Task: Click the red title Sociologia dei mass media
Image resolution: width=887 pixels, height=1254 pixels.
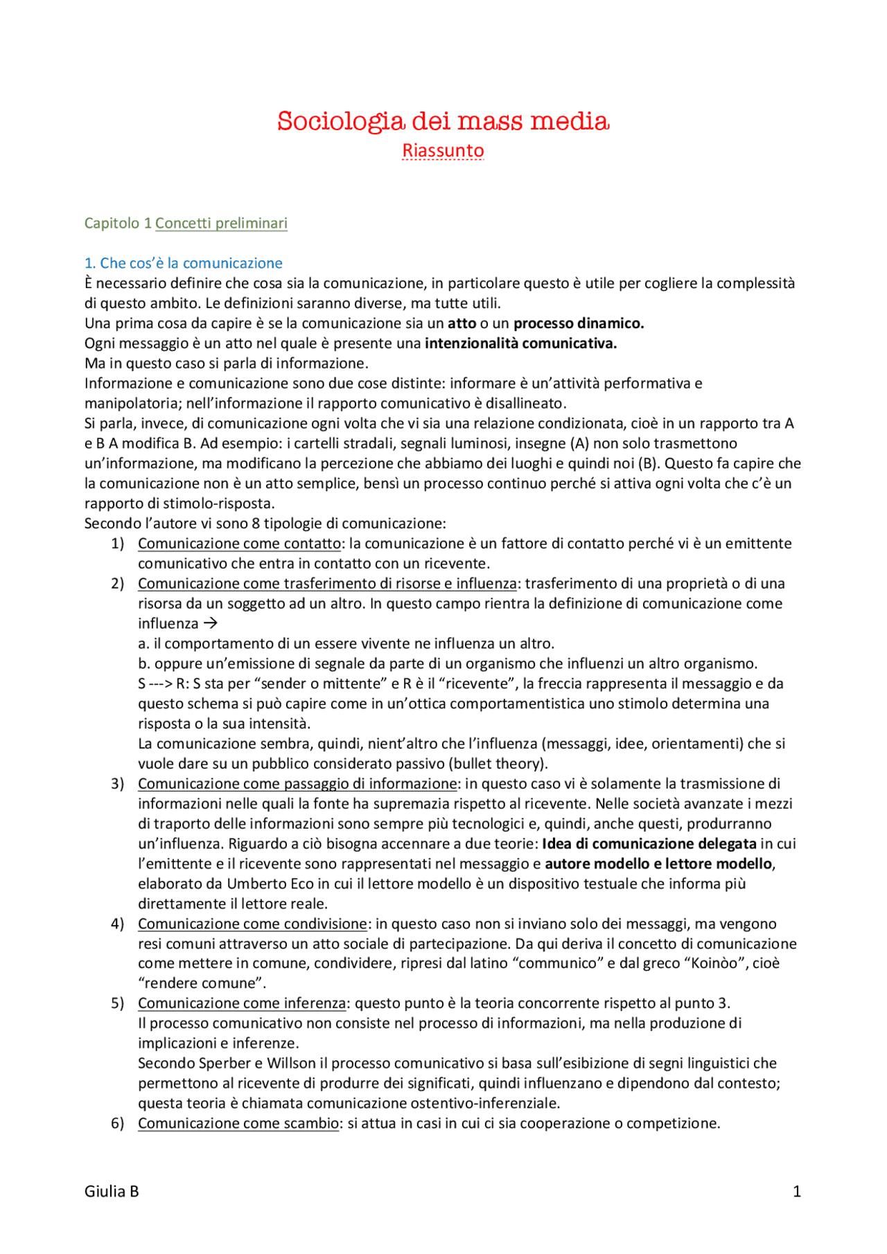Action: (443, 121)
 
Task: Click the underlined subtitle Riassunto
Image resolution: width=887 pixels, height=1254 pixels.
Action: (443, 150)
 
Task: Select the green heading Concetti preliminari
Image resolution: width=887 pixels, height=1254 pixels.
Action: (221, 223)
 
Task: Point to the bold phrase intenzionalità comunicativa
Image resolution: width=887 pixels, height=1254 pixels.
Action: (520, 343)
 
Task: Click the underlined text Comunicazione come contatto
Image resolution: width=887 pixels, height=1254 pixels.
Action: (239, 544)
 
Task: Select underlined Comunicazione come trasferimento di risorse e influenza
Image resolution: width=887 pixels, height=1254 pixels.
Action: (327, 584)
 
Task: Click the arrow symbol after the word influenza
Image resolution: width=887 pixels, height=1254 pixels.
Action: (211, 624)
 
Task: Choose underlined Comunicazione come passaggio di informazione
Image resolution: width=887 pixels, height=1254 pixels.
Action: (297, 784)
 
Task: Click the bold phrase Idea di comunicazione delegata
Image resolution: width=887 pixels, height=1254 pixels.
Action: (649, 844)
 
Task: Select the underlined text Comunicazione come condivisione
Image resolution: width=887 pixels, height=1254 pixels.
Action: (252, 924)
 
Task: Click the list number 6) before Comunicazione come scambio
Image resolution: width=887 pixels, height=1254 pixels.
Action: (117, 1124)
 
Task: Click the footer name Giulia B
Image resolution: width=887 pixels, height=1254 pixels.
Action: (112, 1192)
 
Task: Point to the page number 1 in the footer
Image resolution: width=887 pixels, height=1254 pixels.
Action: (796, 1192)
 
